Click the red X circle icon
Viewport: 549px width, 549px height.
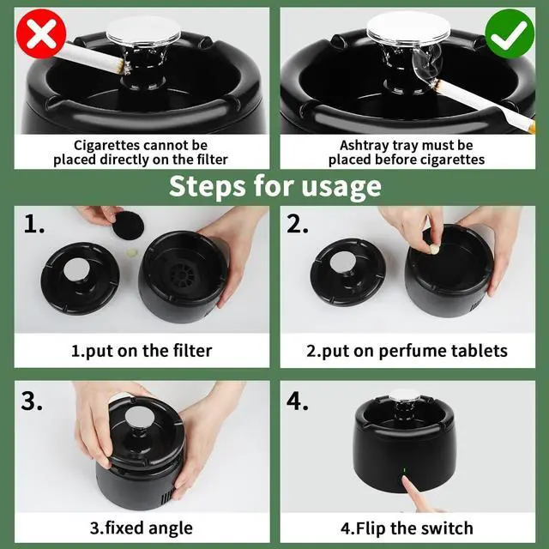coord(41,33)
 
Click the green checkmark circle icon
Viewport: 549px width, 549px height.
coord(510,33)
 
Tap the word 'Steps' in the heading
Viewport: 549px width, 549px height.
coord(208,186)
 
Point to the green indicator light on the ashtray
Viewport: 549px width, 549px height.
coord(404,470)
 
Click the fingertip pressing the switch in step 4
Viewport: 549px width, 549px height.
coord(405,480)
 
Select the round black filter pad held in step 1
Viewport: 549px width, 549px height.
coord(128,226)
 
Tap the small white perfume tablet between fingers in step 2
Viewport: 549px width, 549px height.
coord(434,250)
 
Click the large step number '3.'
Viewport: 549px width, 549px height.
coord(32,401)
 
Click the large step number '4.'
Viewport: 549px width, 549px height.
coord(298,401)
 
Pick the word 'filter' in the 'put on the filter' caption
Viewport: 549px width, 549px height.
coord(192,351)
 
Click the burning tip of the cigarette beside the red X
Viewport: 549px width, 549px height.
coord(122,67)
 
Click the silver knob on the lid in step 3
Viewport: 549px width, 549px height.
coord(139,419)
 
